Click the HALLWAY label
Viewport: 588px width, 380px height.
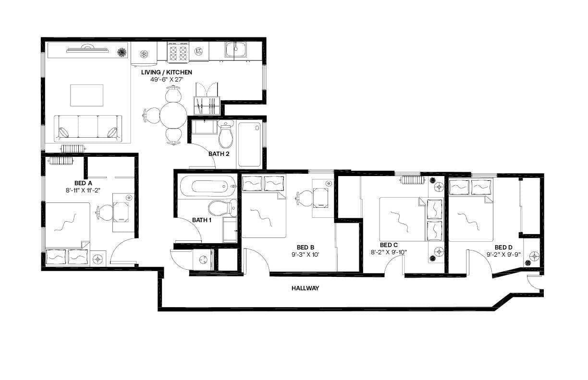click(305, 288)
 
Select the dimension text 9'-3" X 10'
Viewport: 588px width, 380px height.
click(305, 255)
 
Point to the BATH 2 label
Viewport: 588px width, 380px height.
click(219, 154)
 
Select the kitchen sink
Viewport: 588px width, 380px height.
click(236, 49)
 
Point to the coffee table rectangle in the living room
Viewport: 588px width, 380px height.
click(87, 95)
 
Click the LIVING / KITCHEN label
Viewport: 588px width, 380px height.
click(166, 72)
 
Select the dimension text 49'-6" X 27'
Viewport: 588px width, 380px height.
click(166, 79)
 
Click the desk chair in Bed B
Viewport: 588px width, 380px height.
click(304, 197)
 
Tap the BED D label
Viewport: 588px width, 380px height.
click(503, 248)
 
